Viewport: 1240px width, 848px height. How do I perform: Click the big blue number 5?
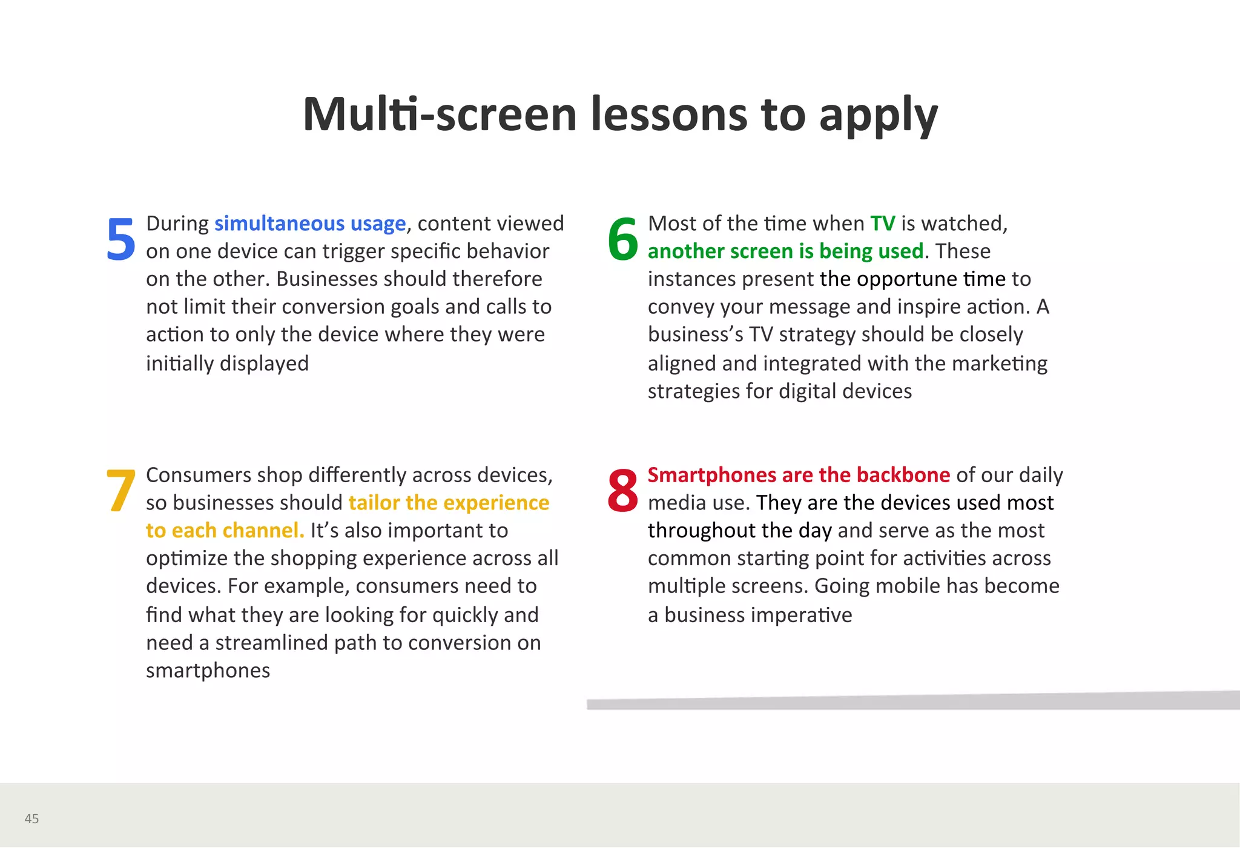coord(120,239)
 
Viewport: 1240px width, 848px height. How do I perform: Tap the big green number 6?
coord(622,239)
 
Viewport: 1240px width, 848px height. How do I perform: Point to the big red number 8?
coord(622,491)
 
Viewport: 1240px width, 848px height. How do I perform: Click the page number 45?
coord(31,819)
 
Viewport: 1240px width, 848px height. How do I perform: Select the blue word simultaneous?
coord(279,224)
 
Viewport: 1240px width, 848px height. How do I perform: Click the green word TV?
coord(882,224)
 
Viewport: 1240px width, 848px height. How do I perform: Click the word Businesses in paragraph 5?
coord(327,279)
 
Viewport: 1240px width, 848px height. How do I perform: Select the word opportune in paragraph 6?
coord(906,280)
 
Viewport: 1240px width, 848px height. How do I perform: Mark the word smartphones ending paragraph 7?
coord(208,671)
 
